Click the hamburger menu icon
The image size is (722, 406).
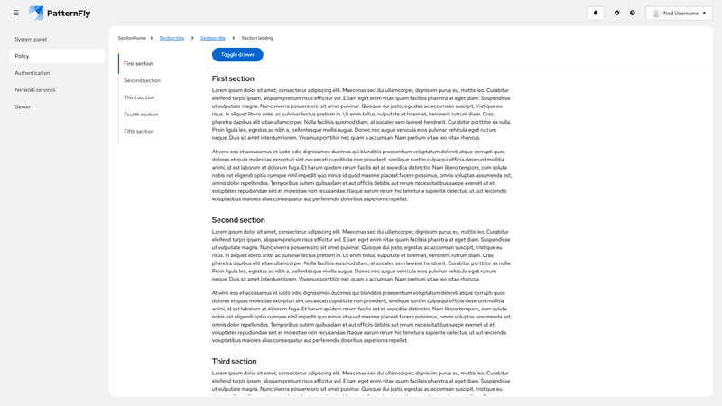tap(16, 13)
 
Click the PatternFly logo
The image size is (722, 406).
tap(59, 13)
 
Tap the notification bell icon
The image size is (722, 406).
tap(596, 13)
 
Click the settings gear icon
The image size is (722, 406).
tap(617, 13)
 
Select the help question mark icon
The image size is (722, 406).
tap(633, 13)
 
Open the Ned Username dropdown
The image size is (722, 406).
tap(679, 13)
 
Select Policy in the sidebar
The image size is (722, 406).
tap(23, 56)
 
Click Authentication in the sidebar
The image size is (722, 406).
tap(32, 73)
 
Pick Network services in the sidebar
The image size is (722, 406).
tap(35, 90)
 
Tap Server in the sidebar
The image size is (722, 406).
tap(23, 106)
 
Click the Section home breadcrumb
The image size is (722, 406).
tap(132, 38)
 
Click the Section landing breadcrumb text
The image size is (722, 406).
tap(257, 38)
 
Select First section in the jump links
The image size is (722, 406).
tap(138, 64)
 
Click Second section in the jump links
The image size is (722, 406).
tap(142, 80)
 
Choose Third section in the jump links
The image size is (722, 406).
tap(139, 97)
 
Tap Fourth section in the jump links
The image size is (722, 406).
tap(141, 115)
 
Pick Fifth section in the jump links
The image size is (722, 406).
tap(139, 132)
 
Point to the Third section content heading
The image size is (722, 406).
tap(234, 361)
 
